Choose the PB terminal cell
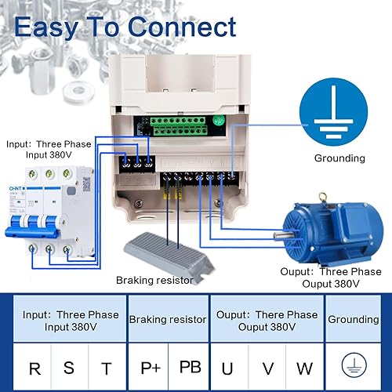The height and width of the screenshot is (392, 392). point(190,367)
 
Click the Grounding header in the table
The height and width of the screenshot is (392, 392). point(353,319)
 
